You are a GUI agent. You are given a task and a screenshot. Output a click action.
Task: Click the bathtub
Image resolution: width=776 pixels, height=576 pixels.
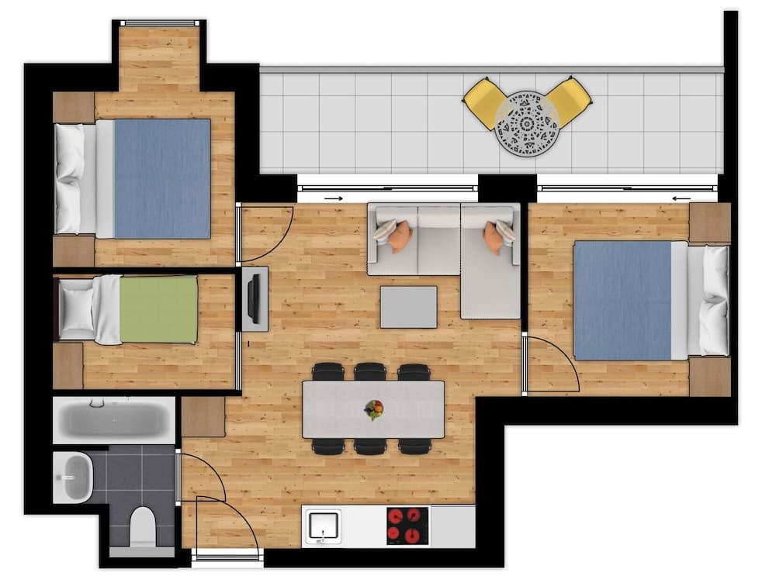point(114,420)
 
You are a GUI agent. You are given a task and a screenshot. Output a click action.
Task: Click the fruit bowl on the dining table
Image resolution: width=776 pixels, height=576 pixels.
point(374,409)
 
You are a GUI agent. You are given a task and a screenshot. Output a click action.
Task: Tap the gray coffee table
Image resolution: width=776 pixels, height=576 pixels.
point(408,307)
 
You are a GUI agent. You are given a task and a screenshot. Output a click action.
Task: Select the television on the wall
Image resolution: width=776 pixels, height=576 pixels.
point(254,298)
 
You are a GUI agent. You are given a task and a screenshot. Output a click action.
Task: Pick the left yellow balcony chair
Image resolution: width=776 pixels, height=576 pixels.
point(484,102)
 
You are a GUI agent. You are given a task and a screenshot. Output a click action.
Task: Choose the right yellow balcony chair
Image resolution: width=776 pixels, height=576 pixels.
point(569,101)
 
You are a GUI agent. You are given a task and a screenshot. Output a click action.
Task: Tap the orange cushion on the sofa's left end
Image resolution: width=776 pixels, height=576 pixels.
point(400,236)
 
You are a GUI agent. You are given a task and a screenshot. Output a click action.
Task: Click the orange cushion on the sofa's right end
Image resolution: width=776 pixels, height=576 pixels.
point(494,237)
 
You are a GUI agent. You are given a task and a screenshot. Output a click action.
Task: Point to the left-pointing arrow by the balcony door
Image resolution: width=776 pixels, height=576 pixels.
point(681,198)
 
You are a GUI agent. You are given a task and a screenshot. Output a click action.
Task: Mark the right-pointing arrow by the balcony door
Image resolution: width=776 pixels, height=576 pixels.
point(333,198)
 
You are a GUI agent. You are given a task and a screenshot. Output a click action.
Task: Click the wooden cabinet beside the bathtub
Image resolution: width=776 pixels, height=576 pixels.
point(203,417)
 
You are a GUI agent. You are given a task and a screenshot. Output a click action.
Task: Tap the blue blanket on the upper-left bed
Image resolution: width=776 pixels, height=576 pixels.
point(162,178)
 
